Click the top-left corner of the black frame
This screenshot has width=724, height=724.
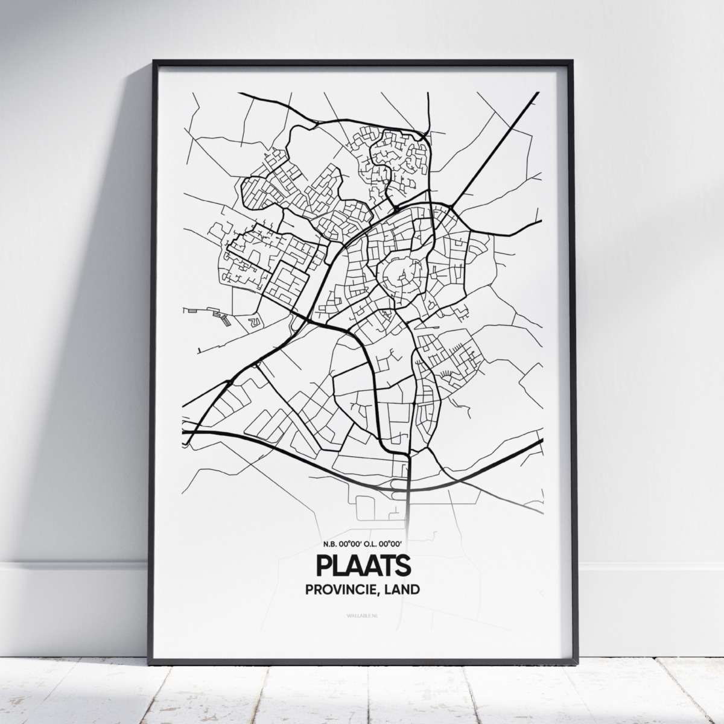click(154, 61)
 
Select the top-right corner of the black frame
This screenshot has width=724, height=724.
click(570, 61)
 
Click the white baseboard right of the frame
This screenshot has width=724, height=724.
click(646, 579)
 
